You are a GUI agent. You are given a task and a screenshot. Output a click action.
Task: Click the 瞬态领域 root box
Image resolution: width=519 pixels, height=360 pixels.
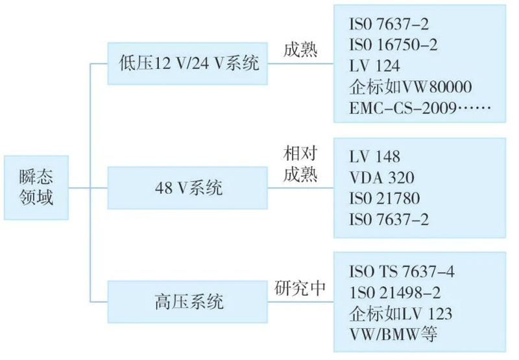tap(36, 187)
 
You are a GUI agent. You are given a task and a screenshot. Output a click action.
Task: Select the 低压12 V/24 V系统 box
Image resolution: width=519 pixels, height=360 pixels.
tap(188, 64)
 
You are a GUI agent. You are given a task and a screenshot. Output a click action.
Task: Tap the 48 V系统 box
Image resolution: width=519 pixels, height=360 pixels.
tap(188, 188)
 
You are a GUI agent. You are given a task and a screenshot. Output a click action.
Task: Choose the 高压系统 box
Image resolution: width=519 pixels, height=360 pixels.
tap(188, 302)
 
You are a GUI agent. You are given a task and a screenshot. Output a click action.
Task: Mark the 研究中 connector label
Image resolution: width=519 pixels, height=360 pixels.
tap(299, 288)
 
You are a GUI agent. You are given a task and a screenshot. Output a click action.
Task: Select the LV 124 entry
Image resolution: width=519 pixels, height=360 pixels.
tap(374, 66)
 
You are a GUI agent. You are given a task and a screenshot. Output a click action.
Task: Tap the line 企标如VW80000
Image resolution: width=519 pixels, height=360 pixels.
tap(409, 86)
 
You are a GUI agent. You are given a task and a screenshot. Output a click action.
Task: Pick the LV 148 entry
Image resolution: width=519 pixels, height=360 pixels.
tap(374, 156)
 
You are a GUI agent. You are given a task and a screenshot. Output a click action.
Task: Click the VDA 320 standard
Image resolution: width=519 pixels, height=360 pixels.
tap(381, 176)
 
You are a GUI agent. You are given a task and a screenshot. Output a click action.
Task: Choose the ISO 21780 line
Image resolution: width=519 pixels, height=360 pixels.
tap(384, 197)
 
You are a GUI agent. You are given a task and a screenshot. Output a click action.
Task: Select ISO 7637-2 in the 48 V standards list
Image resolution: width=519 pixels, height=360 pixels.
tap(389, 219)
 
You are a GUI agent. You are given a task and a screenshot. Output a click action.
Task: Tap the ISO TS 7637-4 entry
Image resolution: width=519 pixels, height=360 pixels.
tap(402, 272)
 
